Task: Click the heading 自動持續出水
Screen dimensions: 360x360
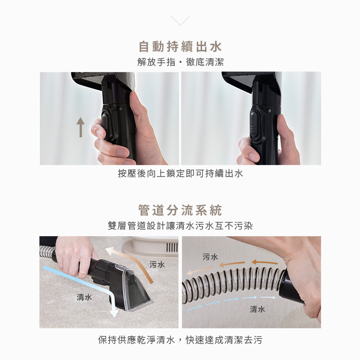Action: tap(180, 47)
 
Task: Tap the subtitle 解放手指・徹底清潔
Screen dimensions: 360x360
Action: tap(180, 62)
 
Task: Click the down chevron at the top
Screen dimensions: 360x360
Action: tap(180, 20)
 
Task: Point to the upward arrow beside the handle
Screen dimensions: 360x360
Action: tap(81, 127)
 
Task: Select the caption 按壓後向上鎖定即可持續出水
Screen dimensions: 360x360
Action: tap(180, 173)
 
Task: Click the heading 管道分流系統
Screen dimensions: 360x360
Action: tap(180, 210)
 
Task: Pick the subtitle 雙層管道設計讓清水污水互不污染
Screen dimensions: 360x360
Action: tap(180, 226)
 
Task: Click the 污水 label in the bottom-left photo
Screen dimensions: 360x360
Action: tap(157, 264)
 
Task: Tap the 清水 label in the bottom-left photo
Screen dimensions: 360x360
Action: tap(84, 297)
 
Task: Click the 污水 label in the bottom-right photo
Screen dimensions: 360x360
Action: tap(210, 257)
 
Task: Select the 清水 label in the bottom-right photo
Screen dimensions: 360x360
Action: tap(257, 309)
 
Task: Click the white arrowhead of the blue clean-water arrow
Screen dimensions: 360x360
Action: tap(114, 313)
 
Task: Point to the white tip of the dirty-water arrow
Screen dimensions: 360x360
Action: tap(109, 251)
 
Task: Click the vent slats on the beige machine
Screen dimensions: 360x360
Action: tap(172, 248)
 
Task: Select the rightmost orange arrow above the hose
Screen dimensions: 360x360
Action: tap(264, 262)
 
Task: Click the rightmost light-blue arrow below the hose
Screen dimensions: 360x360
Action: tap(268, 297)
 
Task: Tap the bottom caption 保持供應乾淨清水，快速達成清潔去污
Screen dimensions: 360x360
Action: tap(180, 340)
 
